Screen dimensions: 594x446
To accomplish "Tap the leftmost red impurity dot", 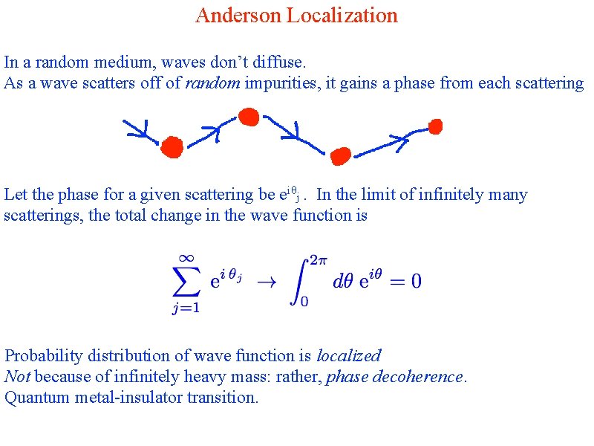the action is click(172, 146).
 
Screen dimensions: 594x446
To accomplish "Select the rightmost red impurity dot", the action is click(436, 126).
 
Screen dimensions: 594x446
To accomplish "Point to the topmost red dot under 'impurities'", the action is click(249, 117).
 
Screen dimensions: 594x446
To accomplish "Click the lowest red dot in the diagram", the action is click(340, 156).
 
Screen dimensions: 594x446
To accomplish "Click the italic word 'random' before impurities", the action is click(213, 83).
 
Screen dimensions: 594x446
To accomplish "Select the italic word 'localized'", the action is click(348, 356).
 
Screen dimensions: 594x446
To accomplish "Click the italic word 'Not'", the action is click(18, 377).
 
